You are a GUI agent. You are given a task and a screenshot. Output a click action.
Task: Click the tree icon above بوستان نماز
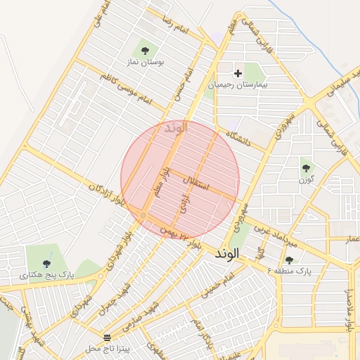pyautogui.click(x=145, y=50)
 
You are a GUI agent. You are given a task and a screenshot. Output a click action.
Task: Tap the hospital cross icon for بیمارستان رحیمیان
pyautogui.click(x=238, y=72)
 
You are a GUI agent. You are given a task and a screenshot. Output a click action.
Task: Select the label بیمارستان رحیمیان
pyautogui.click(x=238, y=84)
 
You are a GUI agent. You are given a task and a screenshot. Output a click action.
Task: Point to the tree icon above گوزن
pyautogui.click(x=305, y=167)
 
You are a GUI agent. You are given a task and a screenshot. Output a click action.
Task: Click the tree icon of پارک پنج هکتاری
pyautogui.click(x=46, y=264)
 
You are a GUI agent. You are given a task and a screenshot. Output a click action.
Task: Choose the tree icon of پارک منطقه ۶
pyautogui.click(x=289, y=259)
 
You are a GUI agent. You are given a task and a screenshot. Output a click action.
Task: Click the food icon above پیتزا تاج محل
pyautogui.click(x=106, y=337)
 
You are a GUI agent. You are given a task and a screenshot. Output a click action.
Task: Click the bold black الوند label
pyautogui.click(x=228, y=252)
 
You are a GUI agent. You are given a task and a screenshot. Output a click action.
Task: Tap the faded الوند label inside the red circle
pyautogui.click(x=176, y=129)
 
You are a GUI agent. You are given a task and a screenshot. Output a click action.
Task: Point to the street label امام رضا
pyautogui.click(x=172, y=27)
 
